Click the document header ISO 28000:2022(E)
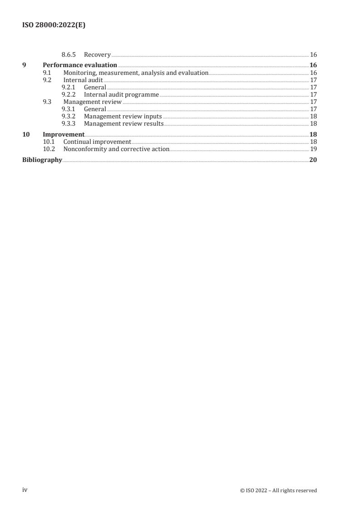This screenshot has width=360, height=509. pos(54,25)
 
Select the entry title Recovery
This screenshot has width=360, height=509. pos(97,55)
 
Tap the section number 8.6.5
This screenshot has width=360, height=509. pos(69,55)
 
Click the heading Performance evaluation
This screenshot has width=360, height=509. pos(80,65)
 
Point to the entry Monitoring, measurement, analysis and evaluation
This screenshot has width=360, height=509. pos(136,73)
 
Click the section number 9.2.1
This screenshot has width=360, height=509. pos(69,87)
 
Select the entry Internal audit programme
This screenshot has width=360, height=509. pos(121,94)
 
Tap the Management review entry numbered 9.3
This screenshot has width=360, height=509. pos(92,102)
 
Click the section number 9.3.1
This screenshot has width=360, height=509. pos(69,109)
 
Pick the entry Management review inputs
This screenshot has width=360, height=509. pos(123,116)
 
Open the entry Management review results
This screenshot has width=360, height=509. pos(123,123)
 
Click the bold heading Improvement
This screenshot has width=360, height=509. pos(64,134)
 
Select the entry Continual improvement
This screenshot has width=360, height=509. pos(97,142)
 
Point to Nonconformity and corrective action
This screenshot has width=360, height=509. pos(116,149)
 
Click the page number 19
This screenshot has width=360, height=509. pos(313,149)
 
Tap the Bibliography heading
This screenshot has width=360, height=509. pos(42,160)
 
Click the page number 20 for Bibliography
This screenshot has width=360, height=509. pos(313,160)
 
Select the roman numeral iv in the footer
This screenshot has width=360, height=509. pos(25,490)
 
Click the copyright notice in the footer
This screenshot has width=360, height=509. pos(278,490)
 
